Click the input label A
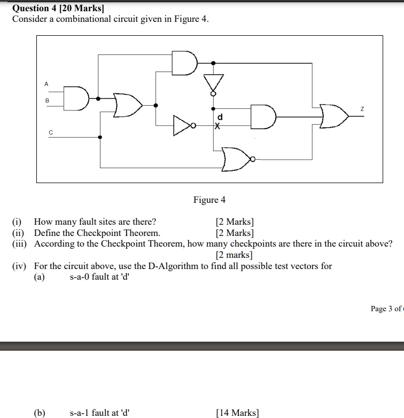[x=46, y=84]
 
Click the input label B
[x=46, y=100]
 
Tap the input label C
[x=51, y=132]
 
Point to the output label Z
[x=362, y=108]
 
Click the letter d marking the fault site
[x=220, y=116]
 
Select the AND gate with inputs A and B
[x=75, y=99]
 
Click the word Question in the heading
[x=31, y=9]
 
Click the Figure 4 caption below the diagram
[x=209, y=200]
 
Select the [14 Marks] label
[x=237, y=413]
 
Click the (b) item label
[x=40, y=413]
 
